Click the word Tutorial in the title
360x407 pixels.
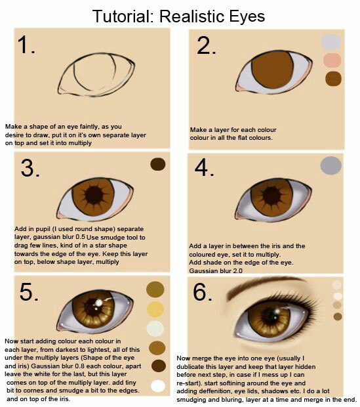[x=121, y=16]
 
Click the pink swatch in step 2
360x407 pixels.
[x=332, y=60]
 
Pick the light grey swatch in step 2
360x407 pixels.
[x=331, y=42]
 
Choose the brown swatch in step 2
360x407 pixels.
[x=333, y=79]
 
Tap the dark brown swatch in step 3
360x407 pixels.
[x=157, y=164]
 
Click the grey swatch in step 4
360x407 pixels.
[x=331, y=165]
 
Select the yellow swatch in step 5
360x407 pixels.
[x=155, y=309]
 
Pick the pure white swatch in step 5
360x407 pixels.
[x=158, y=386]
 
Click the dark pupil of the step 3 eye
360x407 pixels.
[x=94, y=196]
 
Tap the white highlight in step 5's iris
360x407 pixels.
[x=98, y=303]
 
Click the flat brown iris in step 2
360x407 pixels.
[x=272, y=70]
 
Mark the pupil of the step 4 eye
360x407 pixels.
[x=271, y=196]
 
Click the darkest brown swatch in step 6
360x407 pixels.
[x=338, y=316]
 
